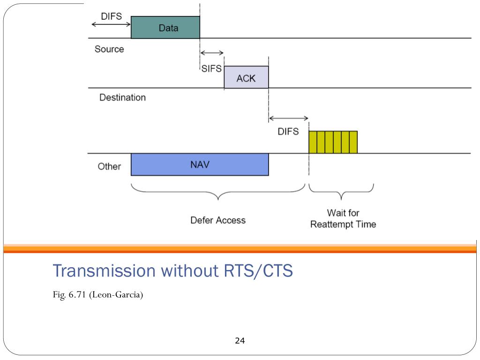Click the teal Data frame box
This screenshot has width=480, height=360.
click(165, 27)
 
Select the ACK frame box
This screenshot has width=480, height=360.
click(247, 77)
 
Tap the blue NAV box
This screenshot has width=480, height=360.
click(200, 165)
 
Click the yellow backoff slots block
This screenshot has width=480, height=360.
click(333, 142)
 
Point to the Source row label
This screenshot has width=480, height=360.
click(109, 49)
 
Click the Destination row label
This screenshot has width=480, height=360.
click(122, 97)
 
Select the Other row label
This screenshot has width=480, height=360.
click(109, 166)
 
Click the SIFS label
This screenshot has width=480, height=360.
click(211, 68)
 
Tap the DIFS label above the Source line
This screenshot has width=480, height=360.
click(112, 16)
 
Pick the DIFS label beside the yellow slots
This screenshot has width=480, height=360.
click(288, 132)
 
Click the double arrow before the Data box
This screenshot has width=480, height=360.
click(111, 24)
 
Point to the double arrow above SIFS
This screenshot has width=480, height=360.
click(212, 53)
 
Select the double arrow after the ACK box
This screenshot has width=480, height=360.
click(288, 118)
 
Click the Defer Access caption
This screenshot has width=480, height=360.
click(218, 220)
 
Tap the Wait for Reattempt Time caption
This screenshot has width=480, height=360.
click(343, 218)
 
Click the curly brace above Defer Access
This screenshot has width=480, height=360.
click(218, 193)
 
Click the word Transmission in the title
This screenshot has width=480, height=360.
click(104, 270)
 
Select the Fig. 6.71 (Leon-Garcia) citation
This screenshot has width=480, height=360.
click(98, 295)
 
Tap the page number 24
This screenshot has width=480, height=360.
click(240, 340)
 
